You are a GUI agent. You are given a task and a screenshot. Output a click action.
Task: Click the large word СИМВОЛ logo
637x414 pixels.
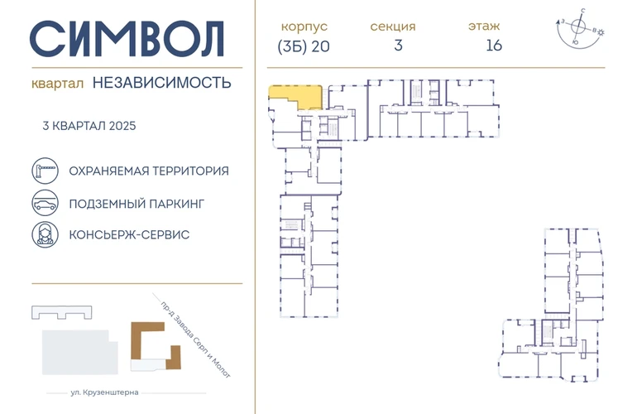pyautogui.click(x=127, y=39)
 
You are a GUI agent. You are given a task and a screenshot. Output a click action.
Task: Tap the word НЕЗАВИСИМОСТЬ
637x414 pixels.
pyautogui.click(x=161, y=83)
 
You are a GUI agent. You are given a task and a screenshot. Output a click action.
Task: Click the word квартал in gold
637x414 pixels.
pyautogui.click(x=57, y=84)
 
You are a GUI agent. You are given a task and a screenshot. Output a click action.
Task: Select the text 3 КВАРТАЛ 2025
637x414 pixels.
pyautogui.click(x=89, y=126)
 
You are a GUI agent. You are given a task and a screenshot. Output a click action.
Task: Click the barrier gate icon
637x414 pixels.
pyautogui.click(x=45, y=171)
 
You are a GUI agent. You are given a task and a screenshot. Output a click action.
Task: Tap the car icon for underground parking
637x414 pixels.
pyautogui.click(x=45, y=203)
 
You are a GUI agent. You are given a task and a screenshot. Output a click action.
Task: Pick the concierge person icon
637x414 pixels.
pyautogui.click(x=45, y=234)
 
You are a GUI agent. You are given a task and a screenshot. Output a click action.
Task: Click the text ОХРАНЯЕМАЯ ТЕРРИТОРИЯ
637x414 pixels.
pyautogui.click(x=149, y=171)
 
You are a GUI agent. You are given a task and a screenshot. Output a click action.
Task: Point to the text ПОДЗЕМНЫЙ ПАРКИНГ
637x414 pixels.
pyautogui.click(x=136, y=204)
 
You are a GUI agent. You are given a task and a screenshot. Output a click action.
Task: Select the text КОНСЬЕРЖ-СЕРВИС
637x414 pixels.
pyautogui.click(x=129, y=234)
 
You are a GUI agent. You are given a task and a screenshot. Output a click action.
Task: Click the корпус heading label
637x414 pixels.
pyautogui.click(x=304, y=26)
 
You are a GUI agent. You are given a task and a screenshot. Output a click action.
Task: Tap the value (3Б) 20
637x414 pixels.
pyautogui.click(x=304, y=46)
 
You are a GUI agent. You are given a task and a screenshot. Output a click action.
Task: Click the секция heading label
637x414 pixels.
pyautogui.click(x=393, y=26)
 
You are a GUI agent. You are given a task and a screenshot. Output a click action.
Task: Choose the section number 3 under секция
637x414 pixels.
pyautogui.click(x=398, y=46)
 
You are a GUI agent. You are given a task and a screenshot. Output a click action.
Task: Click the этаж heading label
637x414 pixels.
pyautogui.click(x=484, y=26)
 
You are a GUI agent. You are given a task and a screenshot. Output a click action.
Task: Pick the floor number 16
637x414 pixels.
pyautogui.click(x=494, y=46)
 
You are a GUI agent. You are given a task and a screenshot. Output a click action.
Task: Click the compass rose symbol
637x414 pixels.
pyautogui.click(x=580, y=27)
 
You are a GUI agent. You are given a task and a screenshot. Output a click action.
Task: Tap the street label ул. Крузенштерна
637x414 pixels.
pyautogui.click(x=104, y=392)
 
